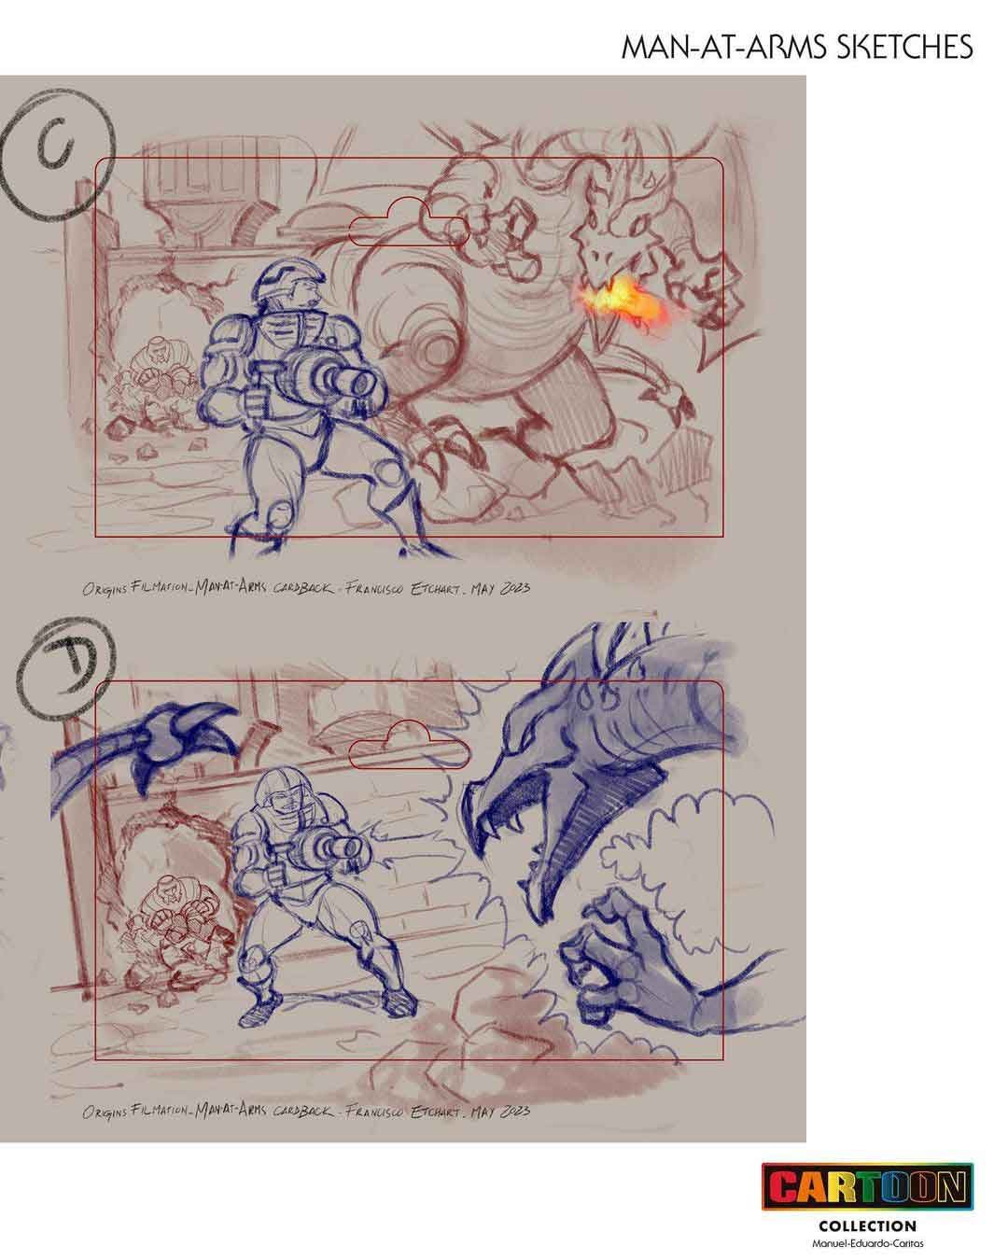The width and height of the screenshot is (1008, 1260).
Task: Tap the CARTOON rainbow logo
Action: click(x=867, y=1188)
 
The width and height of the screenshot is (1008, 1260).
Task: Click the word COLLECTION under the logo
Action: click(x=867, y=1225)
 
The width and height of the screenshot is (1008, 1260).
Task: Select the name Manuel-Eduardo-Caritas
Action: click(x=867, y=1245)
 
